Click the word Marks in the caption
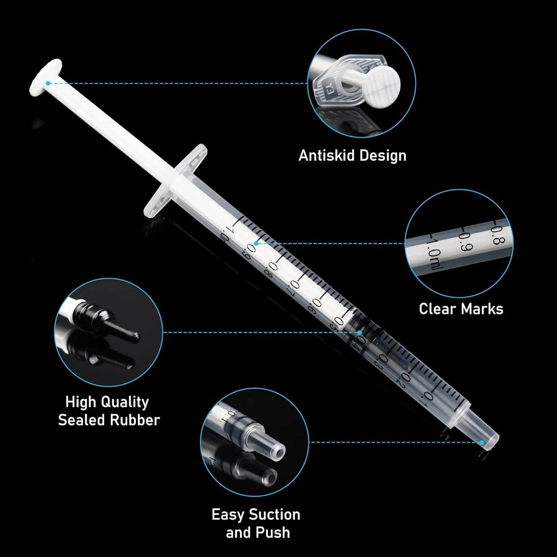click(x=482, y=309)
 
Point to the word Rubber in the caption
click(x=135, y=420)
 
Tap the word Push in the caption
click(x=274, y=533)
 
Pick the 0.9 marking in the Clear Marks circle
click(x=465, y=241)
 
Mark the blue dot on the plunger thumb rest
click(x=48, y=83)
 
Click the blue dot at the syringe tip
click(x=482, y=442)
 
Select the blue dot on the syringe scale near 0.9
click(x=256, y=244)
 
